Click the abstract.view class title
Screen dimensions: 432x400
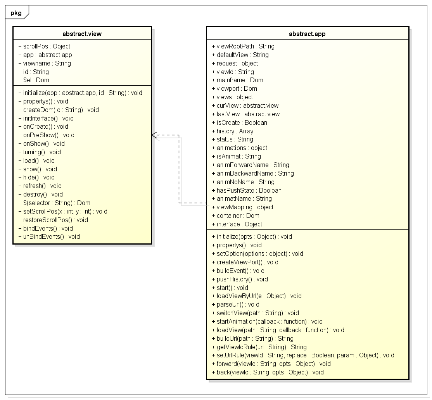tap(82, 34)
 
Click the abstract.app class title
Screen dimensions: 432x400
tap(307, 34)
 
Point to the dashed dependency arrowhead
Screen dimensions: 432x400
tap(154, 135)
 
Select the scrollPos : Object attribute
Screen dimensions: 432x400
tap(44, 47)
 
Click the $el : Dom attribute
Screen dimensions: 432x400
tap(34, 80)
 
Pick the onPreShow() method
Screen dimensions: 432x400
tap(46, 135)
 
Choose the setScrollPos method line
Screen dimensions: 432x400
tap(63, 212)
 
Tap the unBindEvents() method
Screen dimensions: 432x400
tap(49, 237)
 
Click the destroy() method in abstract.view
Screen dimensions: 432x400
tap(40, 195)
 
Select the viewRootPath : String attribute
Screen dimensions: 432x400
tap(243, 47)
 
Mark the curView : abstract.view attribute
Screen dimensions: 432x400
tap(245, 106)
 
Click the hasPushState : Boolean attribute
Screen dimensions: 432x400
tap(247, 191)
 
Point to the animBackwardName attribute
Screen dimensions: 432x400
tap(253, 174)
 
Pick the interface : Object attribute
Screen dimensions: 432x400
tap(237, 224)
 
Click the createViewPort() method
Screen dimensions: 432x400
tap(245, 262)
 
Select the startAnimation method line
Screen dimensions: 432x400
tap(267, 322)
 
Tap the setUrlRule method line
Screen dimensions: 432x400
tap(303, 355)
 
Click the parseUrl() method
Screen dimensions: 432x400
tap(235, 305)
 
